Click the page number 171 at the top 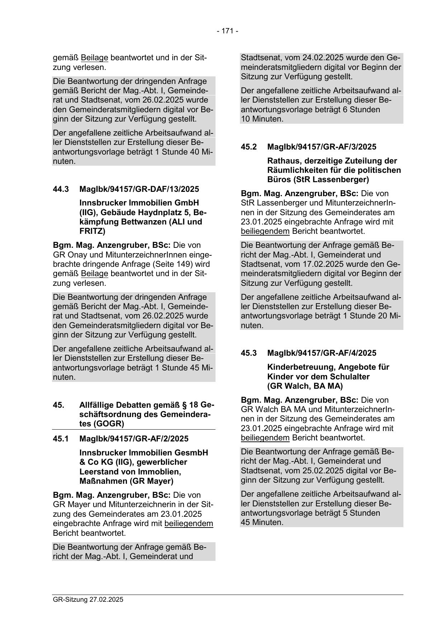[x=227, y=31]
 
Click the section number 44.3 [x=61, y=189]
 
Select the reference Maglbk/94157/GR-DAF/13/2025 [x=139, y=189]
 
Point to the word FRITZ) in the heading [x=93, y=231]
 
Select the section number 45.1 [x=61, y=439]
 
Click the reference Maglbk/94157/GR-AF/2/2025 [x=134, y=439]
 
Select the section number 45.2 [x=249, y=147]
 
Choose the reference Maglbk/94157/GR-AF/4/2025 [x=322, y=353]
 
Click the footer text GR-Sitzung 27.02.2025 [x=88, y=599]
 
